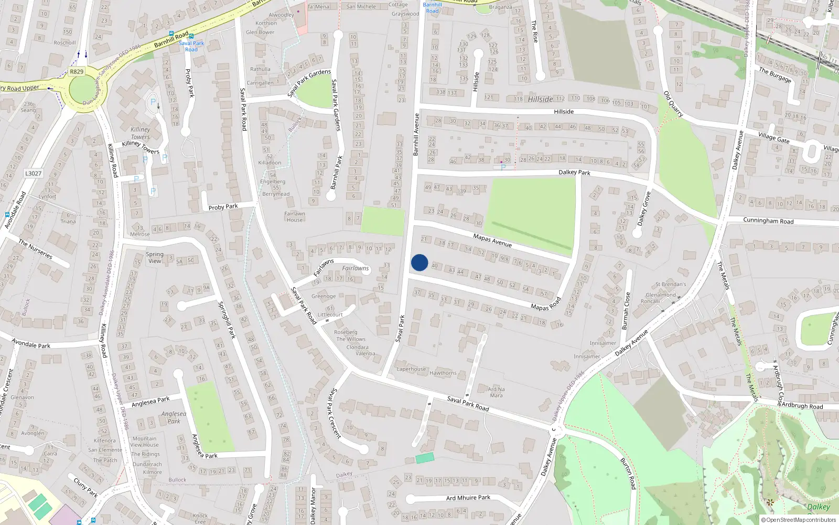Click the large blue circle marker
click(x=419, y=262)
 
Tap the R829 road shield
click(x=77, y=71)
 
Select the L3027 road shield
click(x=33, y=173)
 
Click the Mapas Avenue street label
click(x=492, y=240)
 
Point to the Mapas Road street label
click(x=546, y=304)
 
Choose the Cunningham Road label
click(x=768, y=221)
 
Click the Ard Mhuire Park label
click(x=468, y=498)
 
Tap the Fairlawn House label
click(x=295, y=217)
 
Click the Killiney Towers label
click(x=140, y=133)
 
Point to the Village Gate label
click(x=774, y=138)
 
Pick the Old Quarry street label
click(x=673, y=104)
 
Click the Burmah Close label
click(x=626, y=311)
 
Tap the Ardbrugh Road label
click(x=802, y=406)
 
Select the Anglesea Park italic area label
click(x=174, y=417)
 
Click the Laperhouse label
click(x=411, y=369)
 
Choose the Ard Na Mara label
click(x=496, y=392)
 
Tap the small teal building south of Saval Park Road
click(x=425, y=458)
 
